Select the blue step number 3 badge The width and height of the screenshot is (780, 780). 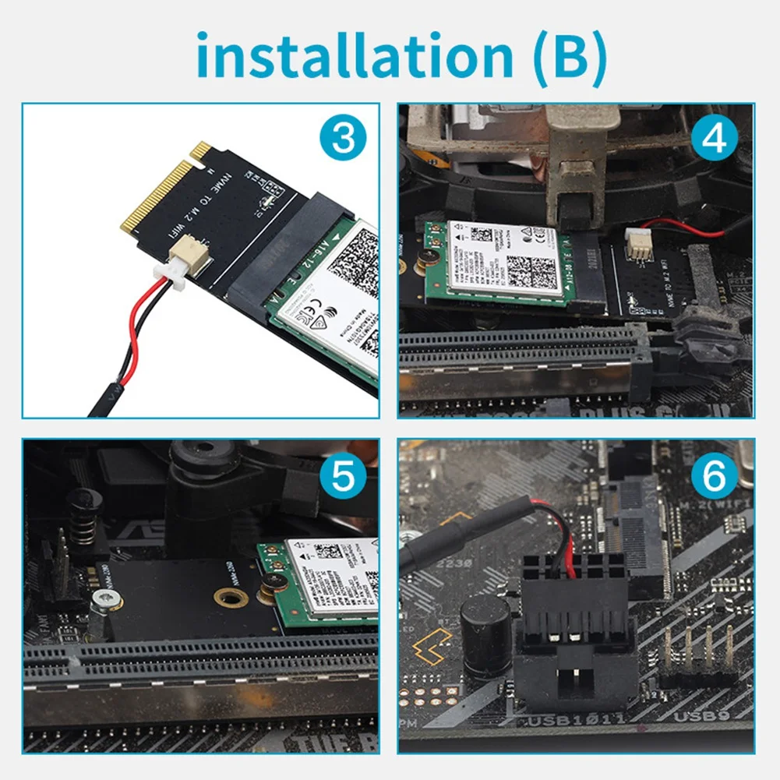341,142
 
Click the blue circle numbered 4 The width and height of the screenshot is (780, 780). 715,140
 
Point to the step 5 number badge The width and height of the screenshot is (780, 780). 341,477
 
